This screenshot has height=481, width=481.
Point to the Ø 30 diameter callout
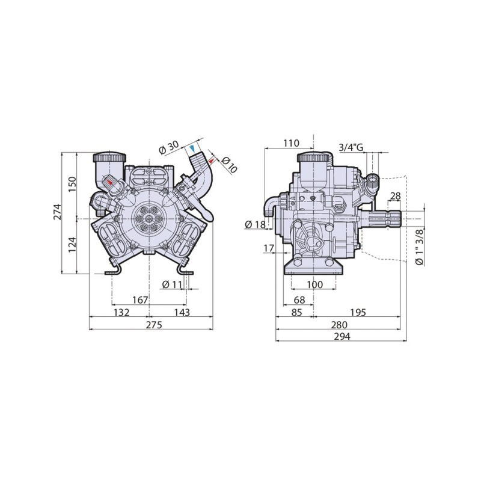pos(169,147)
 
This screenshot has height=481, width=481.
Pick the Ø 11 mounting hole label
pos(173,284)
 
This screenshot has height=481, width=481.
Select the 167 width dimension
pos(140,300)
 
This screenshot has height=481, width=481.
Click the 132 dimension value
pos(122,312)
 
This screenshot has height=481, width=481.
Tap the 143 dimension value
pos(181,312)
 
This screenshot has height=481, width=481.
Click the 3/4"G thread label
pos(351,147)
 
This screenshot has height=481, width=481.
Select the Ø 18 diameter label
pos(256,225)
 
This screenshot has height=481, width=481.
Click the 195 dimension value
pos(359,312)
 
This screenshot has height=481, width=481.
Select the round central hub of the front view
pos(148,218)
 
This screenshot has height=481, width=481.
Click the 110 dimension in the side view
pos(290,143)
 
